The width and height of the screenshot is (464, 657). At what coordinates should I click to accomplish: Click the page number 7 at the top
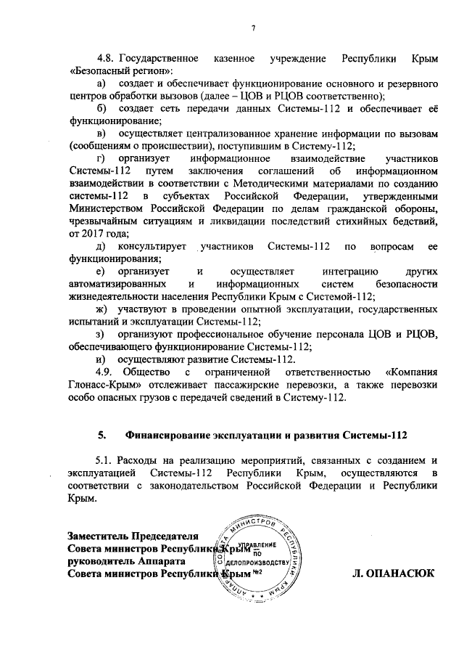click(x=254, y=28)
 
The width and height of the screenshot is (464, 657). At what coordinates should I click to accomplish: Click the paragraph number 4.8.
click(x=107, y=57)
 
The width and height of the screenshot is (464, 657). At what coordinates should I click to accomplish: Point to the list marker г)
click(x=101, y=158)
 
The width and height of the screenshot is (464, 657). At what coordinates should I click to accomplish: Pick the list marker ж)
click(x=101, y=309)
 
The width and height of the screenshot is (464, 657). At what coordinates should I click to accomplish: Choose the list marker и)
click(x=101, y=359)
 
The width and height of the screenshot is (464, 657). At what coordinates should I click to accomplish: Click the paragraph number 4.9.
click(x=107, y=372)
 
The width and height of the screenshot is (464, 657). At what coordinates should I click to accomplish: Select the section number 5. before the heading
click(x=102, y=436)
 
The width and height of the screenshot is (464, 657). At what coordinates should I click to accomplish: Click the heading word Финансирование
click(x=171, y=436)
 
